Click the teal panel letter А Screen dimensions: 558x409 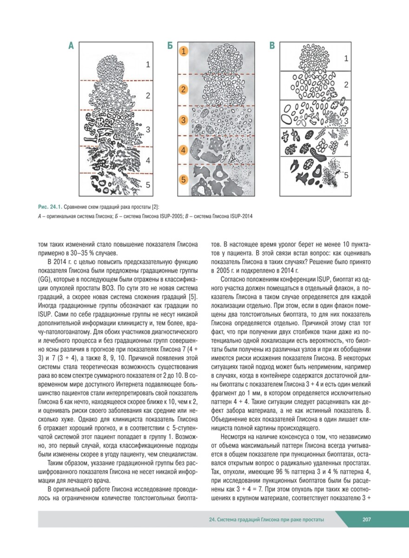[71, 46]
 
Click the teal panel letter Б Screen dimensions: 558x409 [170, 46]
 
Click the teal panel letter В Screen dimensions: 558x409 [272, 46]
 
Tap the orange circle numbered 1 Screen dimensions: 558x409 [184, 52]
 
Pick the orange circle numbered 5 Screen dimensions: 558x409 [184, 179]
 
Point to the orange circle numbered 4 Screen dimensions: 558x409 [184, 150]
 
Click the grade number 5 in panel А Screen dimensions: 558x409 [148, 185]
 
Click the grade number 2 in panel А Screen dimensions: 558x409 [148, 96]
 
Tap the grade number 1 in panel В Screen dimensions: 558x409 [346, 59]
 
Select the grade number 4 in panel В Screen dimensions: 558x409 [346, 143]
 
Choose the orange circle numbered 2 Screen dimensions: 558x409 [184, 89]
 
